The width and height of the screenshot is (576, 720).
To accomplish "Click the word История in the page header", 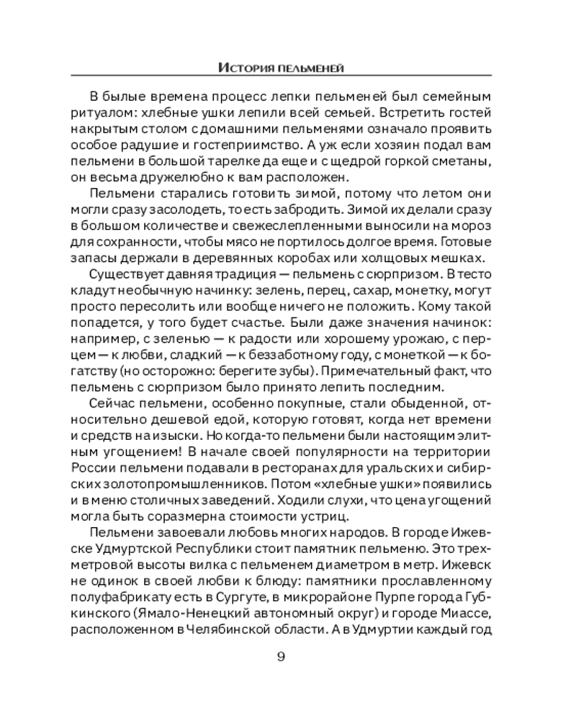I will [x=243, y=68].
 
